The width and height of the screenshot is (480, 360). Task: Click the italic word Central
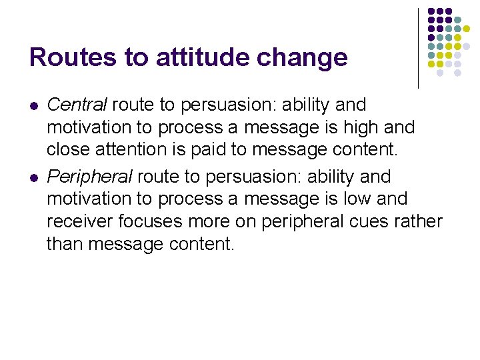(77, 105)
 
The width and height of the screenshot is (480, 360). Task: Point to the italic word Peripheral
(89, 177)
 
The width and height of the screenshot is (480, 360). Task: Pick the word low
(358, 199)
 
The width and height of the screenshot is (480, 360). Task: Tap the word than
(65, 245)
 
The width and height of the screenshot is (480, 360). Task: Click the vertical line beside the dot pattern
(418, 48)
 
